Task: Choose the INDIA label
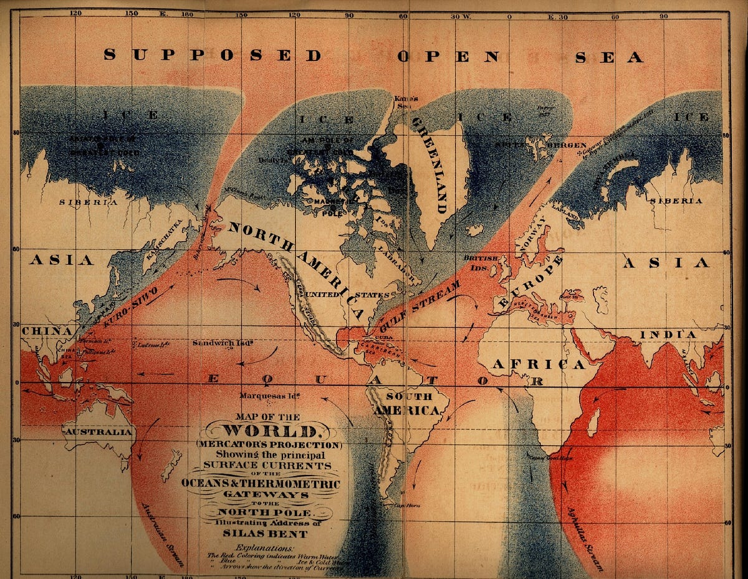click(668, 335)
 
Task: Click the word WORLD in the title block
click(269, 431)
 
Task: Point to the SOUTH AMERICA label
click(409, 403)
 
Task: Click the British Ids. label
click(481, 262)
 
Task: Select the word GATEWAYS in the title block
click(269, 495)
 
